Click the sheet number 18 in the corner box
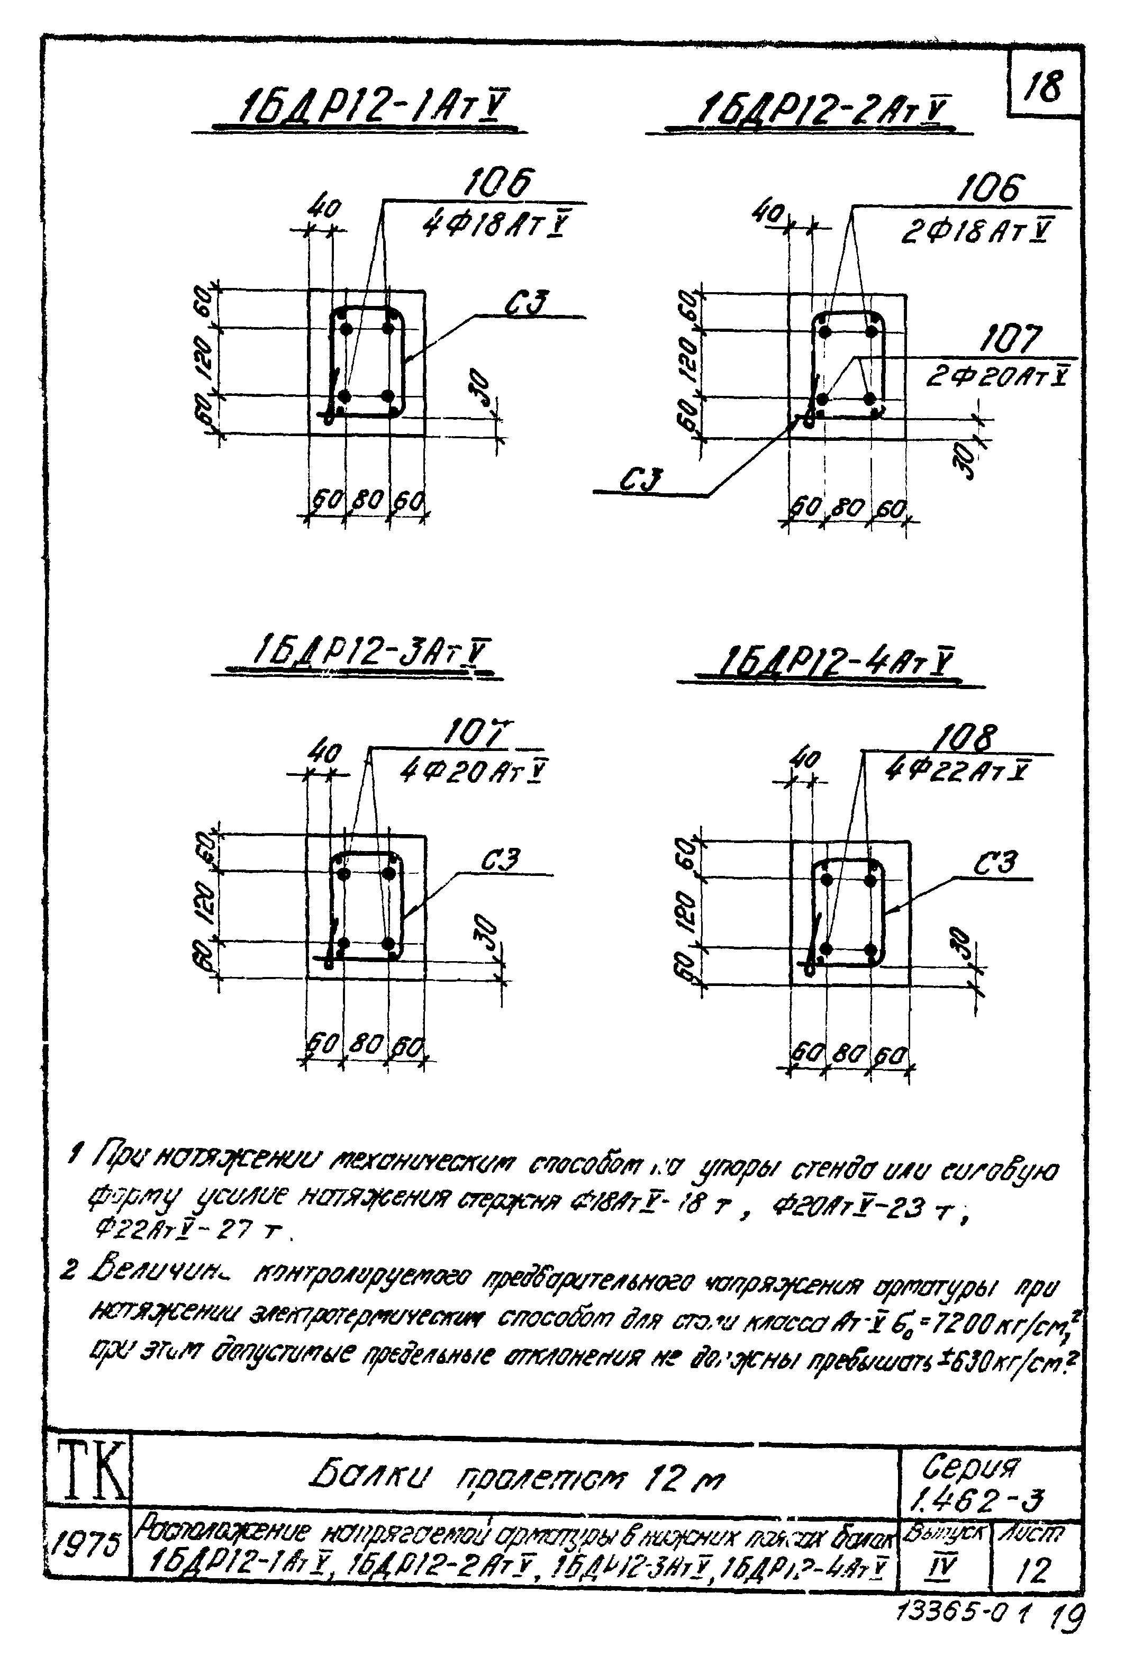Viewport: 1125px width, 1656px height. pyautogui.click(x=1043, y=87)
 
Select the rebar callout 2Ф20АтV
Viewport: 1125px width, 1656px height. pyautogui.click(x=997, y=376)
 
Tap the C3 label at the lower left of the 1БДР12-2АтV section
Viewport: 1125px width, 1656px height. pyautogui.click(x=641, y=480)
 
